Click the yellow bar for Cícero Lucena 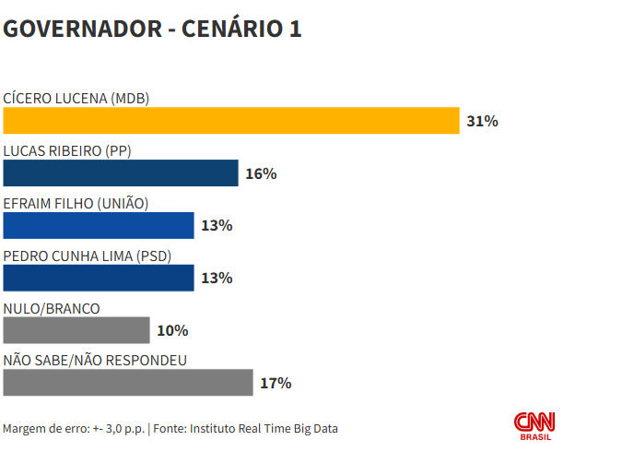tap(231, 121)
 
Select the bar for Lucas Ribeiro tap(121, 173)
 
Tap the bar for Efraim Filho tap(99, 225)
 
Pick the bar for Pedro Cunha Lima tap(99, 278)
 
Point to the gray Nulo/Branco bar tap(76, 330)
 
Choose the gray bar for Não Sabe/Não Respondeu tap(128, 383)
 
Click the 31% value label tap(482, 121)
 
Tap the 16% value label tap(261, 173)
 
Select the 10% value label tap(172, 330)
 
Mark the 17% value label tap(276, 383)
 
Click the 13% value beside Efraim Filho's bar tap(217, 225)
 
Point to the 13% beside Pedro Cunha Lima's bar tap(217, 278)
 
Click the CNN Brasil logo tap(534, 425)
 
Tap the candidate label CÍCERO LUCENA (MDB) tap(76, 99)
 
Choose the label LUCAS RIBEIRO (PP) tap(67, 151)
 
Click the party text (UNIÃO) tap(123, 203)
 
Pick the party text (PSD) tap(153, 256)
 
